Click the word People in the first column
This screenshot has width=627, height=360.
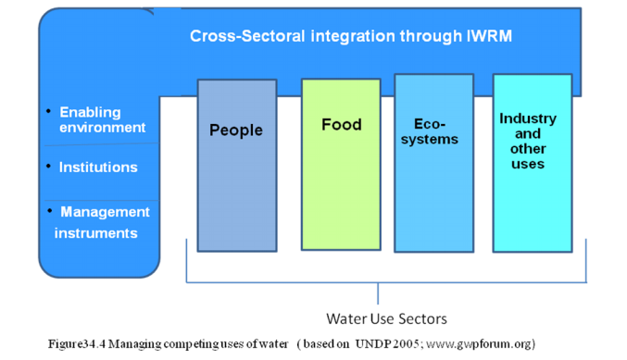[x=236, y=130]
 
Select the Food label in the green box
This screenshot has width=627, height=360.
[x=342, y=124]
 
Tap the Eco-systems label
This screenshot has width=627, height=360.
[x=435, y=130]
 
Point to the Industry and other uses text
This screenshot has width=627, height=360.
[x=528, y=141]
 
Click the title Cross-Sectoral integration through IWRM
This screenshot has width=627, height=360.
[x=351, y=36]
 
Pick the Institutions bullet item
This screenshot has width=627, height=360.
[x=98, y=168]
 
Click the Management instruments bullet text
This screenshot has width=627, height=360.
[x=100, y=222]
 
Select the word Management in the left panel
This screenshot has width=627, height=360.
[x=105, y=212]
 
